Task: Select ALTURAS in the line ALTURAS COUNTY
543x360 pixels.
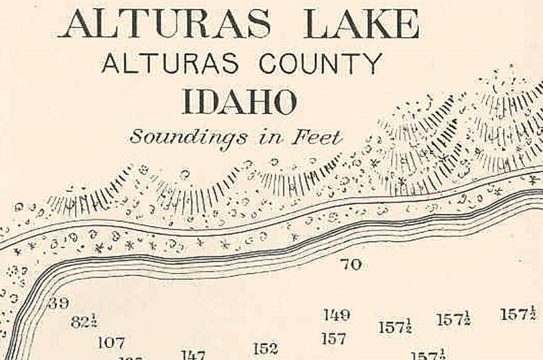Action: (x=170, y=63)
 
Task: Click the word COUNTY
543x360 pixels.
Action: (x=320, y=63)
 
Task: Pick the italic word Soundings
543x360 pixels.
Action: (x=188, y=138)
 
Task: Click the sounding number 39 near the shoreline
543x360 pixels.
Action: (x=59, y=303)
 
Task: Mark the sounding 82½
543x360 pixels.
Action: (x=85, y=322)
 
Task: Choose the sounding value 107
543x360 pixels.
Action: (x=111, y=343)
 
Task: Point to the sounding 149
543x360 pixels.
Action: (x=336, y=315)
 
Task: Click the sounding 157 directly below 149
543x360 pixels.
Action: (x=334, y=338)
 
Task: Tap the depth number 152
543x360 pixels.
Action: (x=265, y=348)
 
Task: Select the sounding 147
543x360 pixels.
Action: (x=193, y=355)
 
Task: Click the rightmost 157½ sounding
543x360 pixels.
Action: (x=518, y=314)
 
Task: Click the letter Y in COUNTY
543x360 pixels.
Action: (x=373, y=63)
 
